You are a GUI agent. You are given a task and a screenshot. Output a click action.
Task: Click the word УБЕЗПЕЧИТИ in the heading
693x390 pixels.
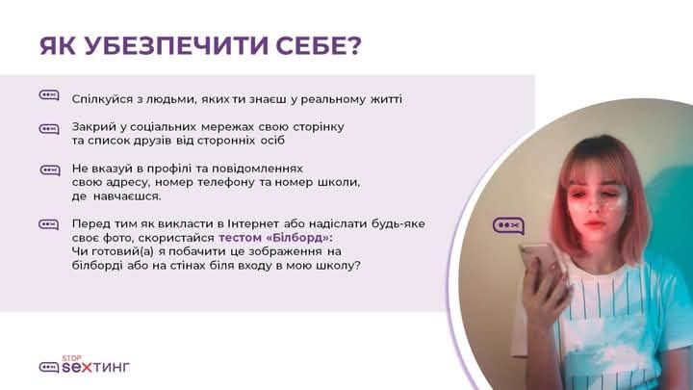(176, 45)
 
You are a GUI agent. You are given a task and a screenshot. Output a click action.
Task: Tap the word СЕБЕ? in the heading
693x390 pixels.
(320, 45)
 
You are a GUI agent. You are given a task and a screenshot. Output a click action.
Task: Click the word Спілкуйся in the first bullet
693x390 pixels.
(102, 99)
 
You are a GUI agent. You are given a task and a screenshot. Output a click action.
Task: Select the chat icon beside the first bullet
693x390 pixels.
(49, 95)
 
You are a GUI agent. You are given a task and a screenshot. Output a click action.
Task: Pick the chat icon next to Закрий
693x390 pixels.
(49, 129)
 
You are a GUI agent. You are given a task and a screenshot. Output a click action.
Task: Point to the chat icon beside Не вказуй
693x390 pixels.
(50, 170)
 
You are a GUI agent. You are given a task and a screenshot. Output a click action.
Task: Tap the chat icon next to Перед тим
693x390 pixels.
(49, 224)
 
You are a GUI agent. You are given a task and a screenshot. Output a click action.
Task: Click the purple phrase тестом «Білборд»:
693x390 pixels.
(275, 238)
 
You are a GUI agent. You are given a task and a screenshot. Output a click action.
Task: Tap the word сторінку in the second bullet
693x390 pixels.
(319, 127)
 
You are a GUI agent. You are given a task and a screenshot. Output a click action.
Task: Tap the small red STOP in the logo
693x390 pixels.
(71, 357)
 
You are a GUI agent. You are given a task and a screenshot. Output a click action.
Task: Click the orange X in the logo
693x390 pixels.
(87, 367)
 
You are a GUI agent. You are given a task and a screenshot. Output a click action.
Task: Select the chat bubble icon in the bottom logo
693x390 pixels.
(49, 367)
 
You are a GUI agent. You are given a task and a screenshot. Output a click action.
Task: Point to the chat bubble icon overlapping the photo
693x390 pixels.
(509, 225)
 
